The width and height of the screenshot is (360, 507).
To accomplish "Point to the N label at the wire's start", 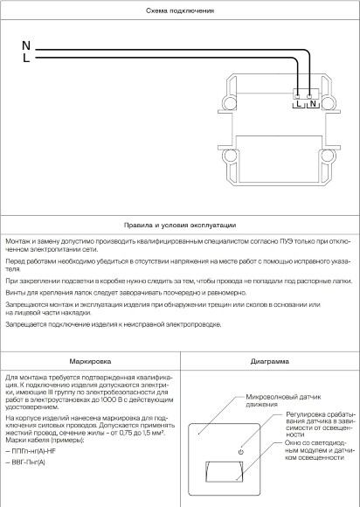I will tap(25, 45).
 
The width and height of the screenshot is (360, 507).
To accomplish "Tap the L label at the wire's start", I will tap(25, 59).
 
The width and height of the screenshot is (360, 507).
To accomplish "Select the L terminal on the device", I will tap(300, 102).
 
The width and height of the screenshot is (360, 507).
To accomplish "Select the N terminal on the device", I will tap(313, 102).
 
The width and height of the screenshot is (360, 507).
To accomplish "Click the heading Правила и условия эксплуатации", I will tap(179, 224).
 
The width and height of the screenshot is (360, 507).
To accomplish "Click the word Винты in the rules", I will tap(15, 292).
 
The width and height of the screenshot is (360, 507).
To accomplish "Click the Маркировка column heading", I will tap(90, 359).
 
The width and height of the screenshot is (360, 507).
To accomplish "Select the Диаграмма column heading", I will tap(269, 359).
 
